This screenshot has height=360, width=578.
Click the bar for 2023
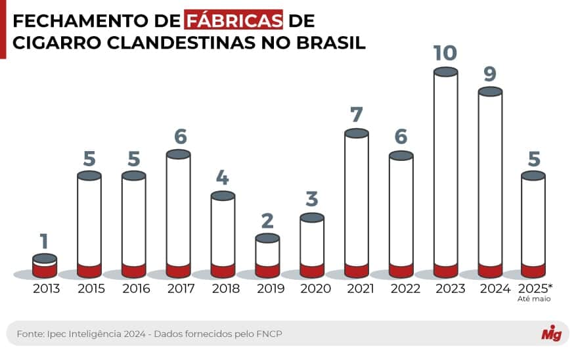(x=445, y=171)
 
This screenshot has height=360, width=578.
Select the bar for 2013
(x=45, y=266)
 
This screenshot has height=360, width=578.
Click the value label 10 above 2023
(x=445, y=53)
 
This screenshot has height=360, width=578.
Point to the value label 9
(x=490, y=74)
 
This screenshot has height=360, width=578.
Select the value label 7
(x=357, y=115)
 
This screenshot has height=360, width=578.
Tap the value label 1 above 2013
(x=44, y=241)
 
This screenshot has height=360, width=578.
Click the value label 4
(x=223, y=178)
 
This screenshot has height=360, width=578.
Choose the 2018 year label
(x=223, y=288)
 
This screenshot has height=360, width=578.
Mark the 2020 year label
(x=312, y=288)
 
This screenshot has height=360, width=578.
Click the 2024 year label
(x=490, y=288)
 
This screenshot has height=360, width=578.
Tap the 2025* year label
(x=535, y=288)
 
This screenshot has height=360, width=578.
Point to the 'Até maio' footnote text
(x=534, y=299)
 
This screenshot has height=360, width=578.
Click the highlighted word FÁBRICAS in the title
(x=234, y=20)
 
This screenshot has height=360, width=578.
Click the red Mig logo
(x=550, y=334)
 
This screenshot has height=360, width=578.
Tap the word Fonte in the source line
(x=30, y=334)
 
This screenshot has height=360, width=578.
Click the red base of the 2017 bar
(x=178, y=271)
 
